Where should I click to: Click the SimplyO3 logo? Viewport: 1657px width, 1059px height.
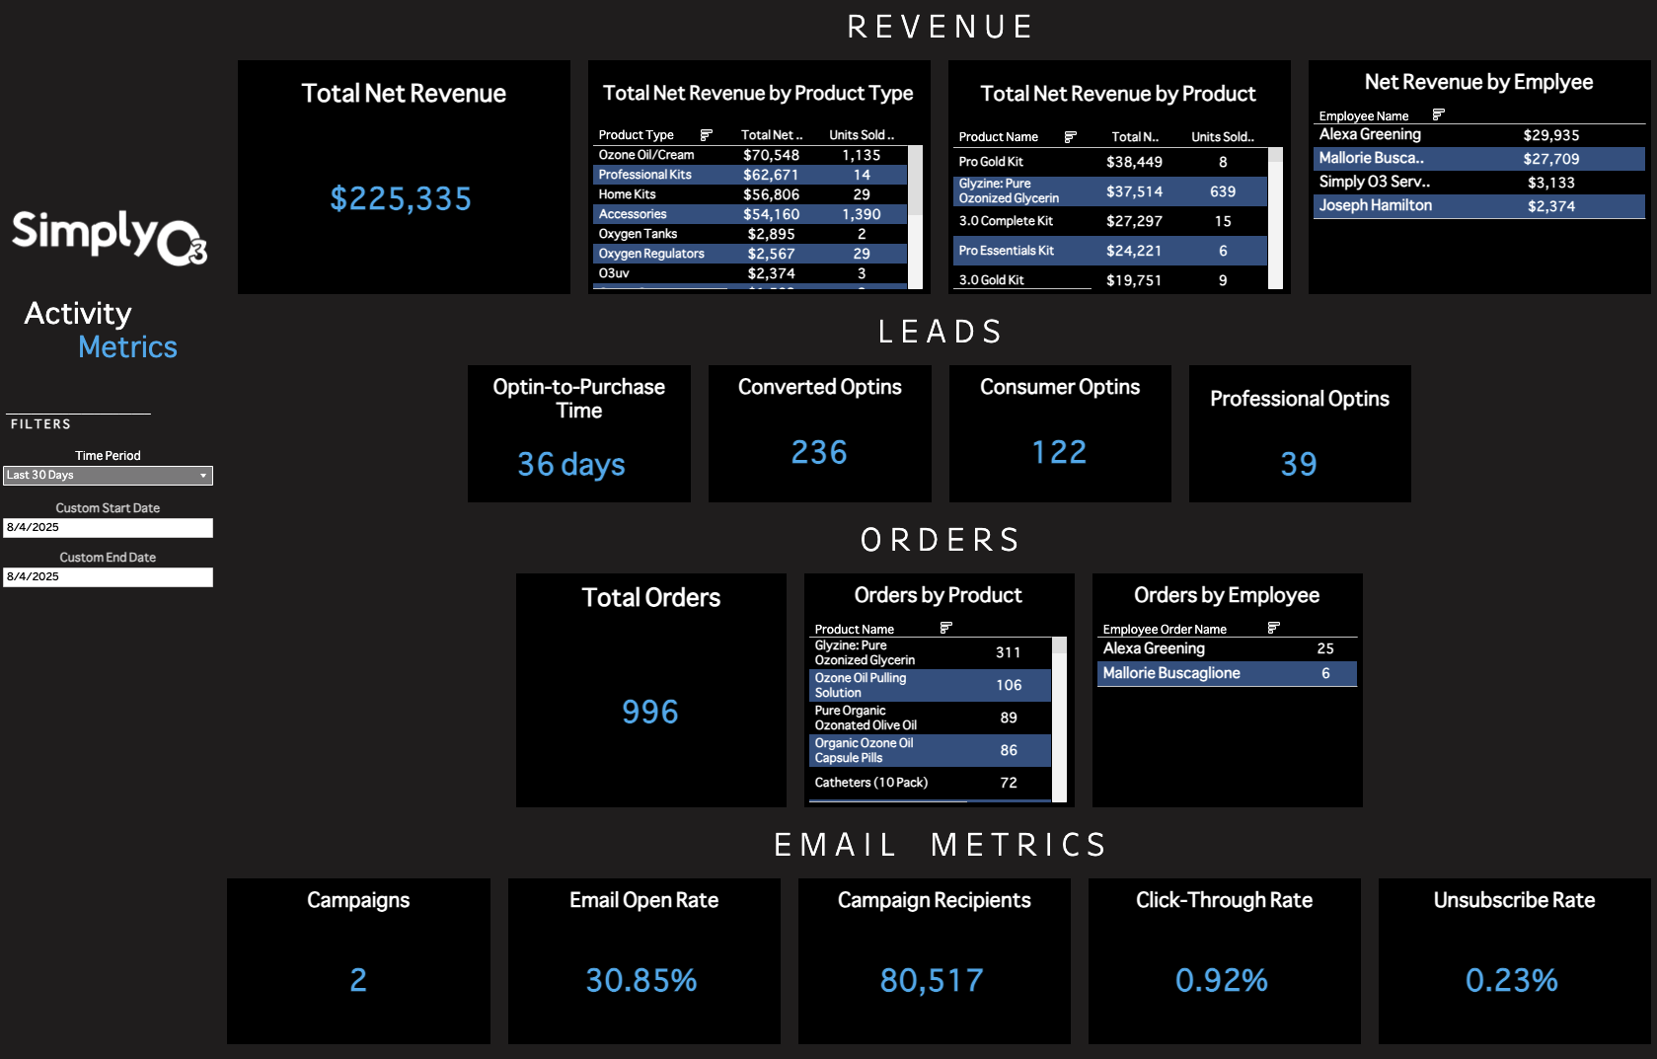click(x=110, y=237)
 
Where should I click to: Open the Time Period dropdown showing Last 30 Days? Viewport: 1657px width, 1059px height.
click(x=108, y=476)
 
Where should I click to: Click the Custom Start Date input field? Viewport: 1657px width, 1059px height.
click(x=108, y=528)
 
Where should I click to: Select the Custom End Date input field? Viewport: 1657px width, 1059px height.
click(x=108, y=577)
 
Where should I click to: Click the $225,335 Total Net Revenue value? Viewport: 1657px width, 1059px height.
click(x=401, y=199)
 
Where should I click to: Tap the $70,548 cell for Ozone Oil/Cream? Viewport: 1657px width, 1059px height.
click(x=771, y=155)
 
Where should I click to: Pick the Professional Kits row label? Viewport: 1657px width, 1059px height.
click(x=645, y=175)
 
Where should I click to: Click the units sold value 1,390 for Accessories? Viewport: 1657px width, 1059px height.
click(x=861, y=214)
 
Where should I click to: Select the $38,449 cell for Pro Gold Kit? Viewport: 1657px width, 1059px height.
click(x=1134, y=162)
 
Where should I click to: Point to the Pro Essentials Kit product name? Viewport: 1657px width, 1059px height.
click(x=1007, y=251)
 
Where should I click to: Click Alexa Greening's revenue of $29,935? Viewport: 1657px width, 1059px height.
click(x=1550, y=135)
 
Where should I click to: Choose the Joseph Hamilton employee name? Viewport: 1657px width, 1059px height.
click(x=1376, y=205)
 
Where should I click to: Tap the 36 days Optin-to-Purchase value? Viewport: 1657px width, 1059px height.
click(x=571, y=464)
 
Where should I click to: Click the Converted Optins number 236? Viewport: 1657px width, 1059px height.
click(x=819, y=452)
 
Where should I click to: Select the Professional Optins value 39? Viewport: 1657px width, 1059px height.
click(x=1299, y=464)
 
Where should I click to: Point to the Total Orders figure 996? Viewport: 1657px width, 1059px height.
click(x=650, y=712)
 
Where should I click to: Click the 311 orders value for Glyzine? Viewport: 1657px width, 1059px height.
click(x=1008, y=652)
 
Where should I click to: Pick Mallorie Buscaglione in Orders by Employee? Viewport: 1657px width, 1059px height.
click(x=1171, y=673)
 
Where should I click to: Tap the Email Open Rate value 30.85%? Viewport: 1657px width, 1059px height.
click(x=641, y=980)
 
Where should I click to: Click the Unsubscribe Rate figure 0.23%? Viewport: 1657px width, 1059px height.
click(x=1511, y=980)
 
